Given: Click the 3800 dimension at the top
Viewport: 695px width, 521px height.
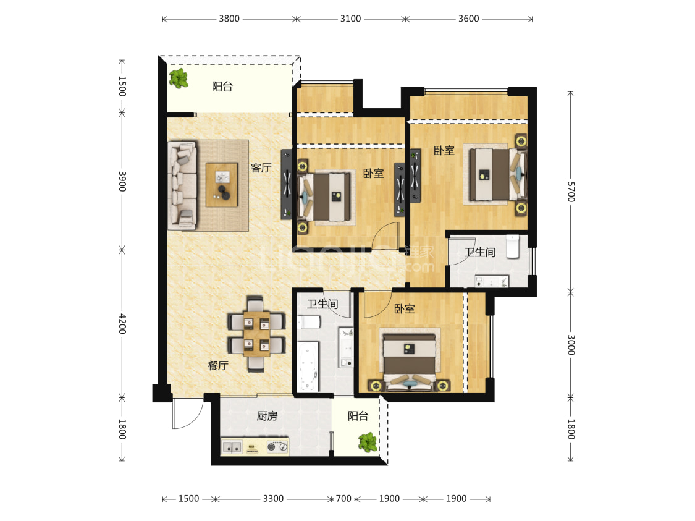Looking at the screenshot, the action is pyautogui.click(x=229, y=19).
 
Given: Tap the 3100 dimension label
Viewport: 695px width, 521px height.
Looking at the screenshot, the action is pyautogui.click(x=350, y=19).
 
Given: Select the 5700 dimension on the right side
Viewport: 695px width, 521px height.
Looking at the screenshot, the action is pyautogui.click(x=571, y=192).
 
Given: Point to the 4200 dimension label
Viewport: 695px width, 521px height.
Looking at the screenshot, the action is pyautogui.click(x=122, y=324).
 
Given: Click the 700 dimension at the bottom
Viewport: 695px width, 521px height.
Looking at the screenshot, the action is pyautogui.click(x=343, y=498).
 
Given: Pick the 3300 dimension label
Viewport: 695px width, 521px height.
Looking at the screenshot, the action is pyautogui.click(x=273, y=498).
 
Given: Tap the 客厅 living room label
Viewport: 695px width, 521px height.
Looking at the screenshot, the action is pyautogui.click(x=261, y=167).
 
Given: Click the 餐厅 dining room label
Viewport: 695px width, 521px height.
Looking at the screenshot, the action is pyautogui.click(x=217, y=365).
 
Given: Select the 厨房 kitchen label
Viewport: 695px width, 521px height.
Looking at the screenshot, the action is pyautogui.click(x=267, y=416).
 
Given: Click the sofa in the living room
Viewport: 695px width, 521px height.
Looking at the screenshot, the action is pyautogui.click(x=182, y=185).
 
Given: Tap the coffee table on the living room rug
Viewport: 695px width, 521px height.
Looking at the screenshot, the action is pyautogui.click(x=222, y=185).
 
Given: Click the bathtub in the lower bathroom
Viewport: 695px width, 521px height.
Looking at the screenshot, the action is pyautogui.click(x=308, y=366).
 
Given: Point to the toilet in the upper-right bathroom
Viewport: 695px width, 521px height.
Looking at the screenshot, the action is pyautogui.click(x=512, y=247).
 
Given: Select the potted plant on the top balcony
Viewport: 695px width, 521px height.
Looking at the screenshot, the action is pyautogui.click(x=179, y=78).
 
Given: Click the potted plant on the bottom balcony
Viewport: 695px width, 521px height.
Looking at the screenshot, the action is pyautogui.click(x=368, y=442).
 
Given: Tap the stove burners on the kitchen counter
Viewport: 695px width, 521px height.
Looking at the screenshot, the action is pyautogui.click(x=277, y=446).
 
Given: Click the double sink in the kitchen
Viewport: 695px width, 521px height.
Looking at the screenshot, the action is pyautogui.click(x=232, y=447).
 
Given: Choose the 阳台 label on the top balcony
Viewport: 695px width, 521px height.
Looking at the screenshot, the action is pyautogui.click(x=222, y=86).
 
